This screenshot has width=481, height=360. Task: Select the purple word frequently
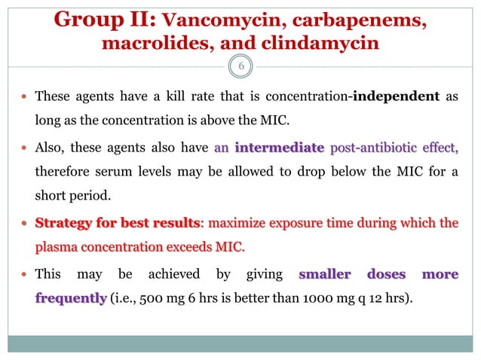70,297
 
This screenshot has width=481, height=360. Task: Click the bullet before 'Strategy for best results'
26,223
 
